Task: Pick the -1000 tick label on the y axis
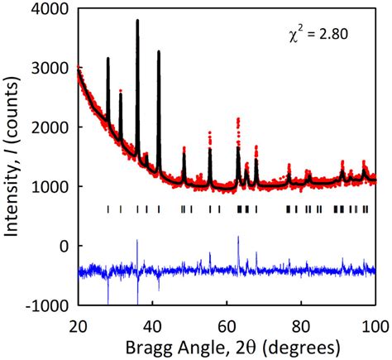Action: [x=49, y=305]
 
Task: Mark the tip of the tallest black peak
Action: [x=137, y=21]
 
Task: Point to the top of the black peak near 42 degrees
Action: [x=159, y=51]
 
